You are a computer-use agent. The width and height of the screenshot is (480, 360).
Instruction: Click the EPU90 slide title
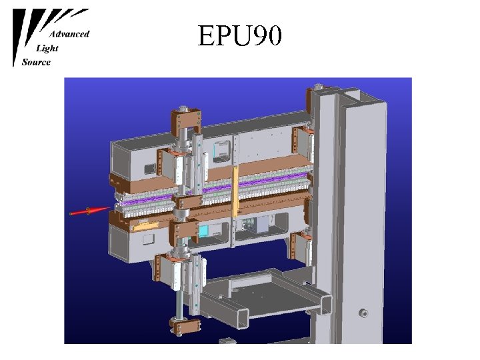(239, 35)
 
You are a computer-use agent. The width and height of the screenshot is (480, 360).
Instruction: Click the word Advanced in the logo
(69, 34)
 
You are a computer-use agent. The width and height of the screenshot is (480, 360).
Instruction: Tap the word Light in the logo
(47, 49)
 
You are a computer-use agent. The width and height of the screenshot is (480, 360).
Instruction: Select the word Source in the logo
(36, 62)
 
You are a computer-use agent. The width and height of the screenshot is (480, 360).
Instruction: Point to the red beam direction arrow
(89, 211)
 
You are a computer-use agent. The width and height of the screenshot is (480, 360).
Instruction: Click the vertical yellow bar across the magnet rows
(235, 191)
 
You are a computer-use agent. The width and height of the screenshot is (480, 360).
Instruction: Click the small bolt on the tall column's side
(363, 313)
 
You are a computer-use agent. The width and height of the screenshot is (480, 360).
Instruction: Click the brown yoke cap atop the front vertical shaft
(186, 120)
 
